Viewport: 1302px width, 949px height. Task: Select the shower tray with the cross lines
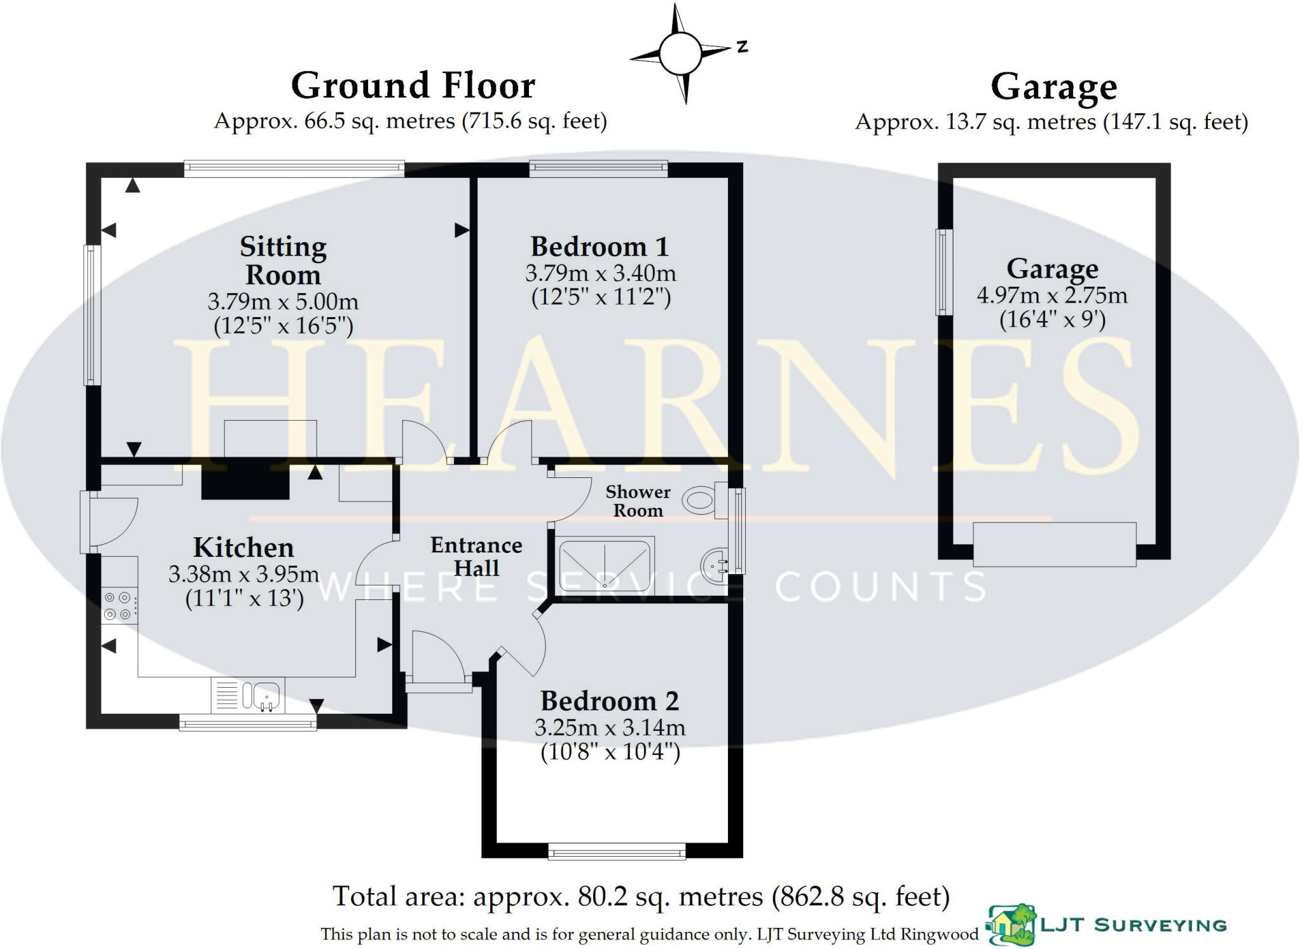604,565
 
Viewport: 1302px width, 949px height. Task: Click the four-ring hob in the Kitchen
119,605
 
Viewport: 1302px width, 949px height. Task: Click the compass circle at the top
680,53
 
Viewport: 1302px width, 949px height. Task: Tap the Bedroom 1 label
600,247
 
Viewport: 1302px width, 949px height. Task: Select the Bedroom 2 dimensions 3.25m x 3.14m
610,727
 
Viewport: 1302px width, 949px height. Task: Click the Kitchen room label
243,547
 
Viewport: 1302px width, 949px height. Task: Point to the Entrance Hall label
476,556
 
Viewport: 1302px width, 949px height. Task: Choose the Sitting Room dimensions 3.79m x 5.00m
283,301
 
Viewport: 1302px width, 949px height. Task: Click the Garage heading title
1053,88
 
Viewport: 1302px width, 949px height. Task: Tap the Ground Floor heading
413,85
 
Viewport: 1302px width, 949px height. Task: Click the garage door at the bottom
1055,544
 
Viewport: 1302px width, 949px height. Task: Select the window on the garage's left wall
944,272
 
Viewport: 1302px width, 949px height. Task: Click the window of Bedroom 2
617,852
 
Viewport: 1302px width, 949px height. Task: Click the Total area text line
641,897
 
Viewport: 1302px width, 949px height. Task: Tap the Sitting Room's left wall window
93,315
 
